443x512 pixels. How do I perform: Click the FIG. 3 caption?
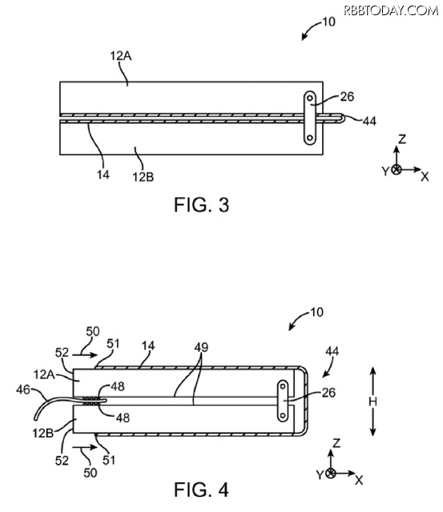pyautogui.click(x=201, y=205)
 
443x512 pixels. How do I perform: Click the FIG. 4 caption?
pyautogui.click(x=201, y=490)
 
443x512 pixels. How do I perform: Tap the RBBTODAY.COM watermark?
pyautogui.click(x=391, y=10)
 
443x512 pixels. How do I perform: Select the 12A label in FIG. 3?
pyautogui.click(x=121, y=56)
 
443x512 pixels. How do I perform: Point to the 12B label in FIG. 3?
pyautogui.click(x=143, y=177)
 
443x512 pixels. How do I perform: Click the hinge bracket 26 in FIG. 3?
pyautogui.click(x=310, y=118)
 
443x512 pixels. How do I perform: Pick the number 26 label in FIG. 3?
pyautogui.click(x=347, y=97)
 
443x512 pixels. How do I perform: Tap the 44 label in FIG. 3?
pyautogui.click(x=369, y=121)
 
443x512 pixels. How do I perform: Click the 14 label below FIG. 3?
pyautogui.click(x=103, y=175)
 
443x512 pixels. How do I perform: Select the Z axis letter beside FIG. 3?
pyautogui.click(x=402, y=139)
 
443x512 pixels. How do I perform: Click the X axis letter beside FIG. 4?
pyautogui.click(x=359, y=480)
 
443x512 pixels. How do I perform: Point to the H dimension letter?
pyautogui.click(x=373, y=402)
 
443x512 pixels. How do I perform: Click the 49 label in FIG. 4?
pyautogui.click(x=201, y=347)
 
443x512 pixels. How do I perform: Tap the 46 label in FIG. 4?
pyautogui.click(x=23, y=390)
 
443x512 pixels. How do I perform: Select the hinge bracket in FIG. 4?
pyautogui.click(x=283, y=401)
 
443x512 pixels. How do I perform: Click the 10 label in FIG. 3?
pyautogui.click(x=329, y=22)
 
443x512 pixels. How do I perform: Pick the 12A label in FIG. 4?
pyautogui.click(x=44, y=374)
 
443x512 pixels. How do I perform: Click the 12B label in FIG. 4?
pyautogui.click(x=42, y=433)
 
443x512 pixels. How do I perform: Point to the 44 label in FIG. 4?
pyautogui.click(x=332, y=352)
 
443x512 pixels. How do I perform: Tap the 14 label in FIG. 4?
pyautogui.click(x=148, y=346)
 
